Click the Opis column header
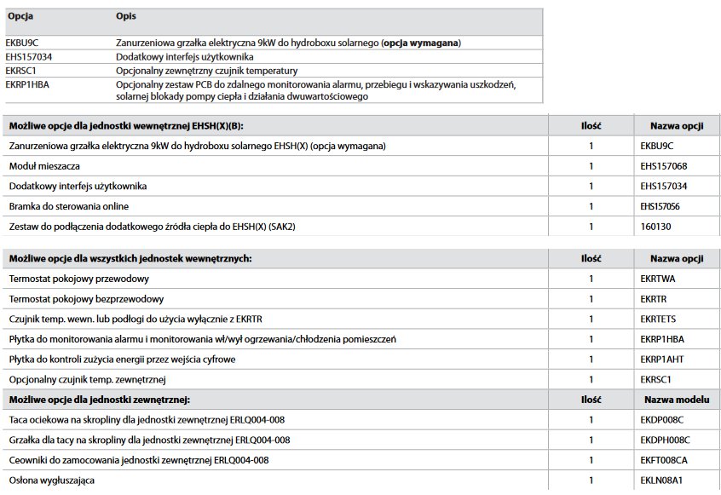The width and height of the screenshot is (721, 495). point(125,16)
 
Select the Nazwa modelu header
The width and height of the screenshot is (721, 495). point(676,399)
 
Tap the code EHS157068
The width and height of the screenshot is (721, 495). point(663,166)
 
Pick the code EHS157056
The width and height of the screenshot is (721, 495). point(663,206)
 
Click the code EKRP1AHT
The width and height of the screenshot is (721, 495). point(661,360)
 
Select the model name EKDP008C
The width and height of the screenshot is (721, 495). point(661,420)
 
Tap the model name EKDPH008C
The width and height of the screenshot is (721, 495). point(665,440)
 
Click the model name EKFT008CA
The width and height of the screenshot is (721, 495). point(664,460)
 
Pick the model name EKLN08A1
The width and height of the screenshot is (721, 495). point(660,481)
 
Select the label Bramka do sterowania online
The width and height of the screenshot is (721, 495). point(69,206)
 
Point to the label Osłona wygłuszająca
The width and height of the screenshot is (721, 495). point(52,481)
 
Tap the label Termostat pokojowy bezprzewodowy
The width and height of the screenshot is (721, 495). point(86,299)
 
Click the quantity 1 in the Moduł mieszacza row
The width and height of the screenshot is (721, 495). point(591,166)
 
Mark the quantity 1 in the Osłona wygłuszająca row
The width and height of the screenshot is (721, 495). point(591,481)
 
